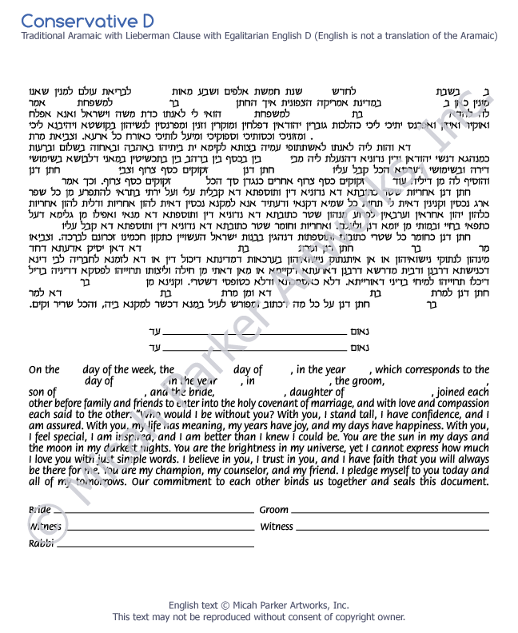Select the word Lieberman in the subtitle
(x=171, y=36)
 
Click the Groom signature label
(x=274, y=510)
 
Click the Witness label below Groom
(x=277, y=527)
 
